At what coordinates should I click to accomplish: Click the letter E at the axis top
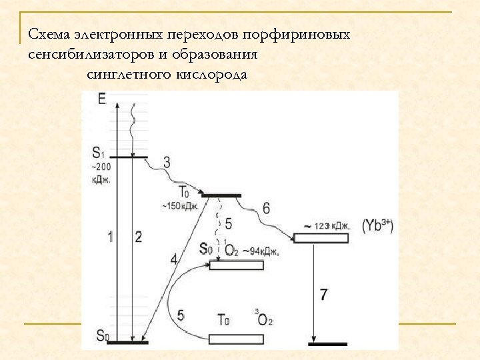coord(101,99)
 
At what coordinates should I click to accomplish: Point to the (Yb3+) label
coord(377,226)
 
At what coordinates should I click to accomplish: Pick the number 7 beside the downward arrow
coord(323,294)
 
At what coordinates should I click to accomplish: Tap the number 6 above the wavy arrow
coord(266,209)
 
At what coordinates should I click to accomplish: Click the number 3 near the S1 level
coord(167,162)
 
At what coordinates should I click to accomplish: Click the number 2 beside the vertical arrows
coord(138,236)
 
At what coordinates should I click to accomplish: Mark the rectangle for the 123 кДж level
coord(321,238)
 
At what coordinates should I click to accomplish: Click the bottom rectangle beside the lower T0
coord(236,339)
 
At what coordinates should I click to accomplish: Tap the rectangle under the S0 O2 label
coord(236,265)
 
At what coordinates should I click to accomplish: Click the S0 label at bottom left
coord(102,336)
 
